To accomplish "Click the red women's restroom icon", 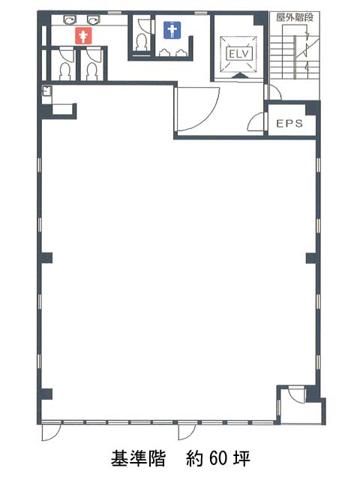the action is click(x=83, y=35).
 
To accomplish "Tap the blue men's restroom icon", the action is click(x=172, y=30).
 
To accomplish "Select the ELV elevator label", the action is click(x=239, y=55).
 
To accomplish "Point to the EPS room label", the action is click(x=289, y=123).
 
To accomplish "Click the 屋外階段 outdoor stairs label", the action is click(x=295, y=17).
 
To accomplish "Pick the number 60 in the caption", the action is click(x=218, y=458).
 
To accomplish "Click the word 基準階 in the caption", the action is click(x=138, y=458).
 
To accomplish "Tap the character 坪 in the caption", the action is click(x=241, y=458).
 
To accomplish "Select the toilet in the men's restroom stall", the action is click(x=141, y=42).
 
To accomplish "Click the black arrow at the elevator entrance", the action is click(x=239, y=76).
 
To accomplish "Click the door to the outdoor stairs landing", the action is click(x=273, y=91).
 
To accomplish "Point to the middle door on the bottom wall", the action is click(x=187, y=431).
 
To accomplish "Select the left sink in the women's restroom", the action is click(x=70, y=20).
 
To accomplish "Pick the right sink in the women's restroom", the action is click(x=93, y=20).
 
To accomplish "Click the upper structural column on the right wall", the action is click(x=312, y=258).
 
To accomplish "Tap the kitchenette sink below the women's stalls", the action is click(x=46, y=91).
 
